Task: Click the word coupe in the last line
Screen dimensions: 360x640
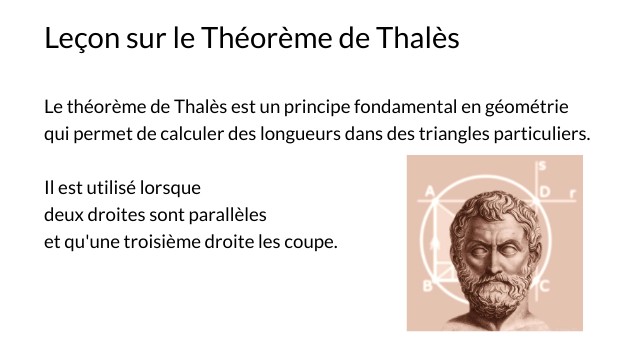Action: coord(310,242)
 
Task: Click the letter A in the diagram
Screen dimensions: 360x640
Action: coord(429,191)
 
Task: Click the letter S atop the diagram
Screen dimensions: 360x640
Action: coord(541,165)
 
